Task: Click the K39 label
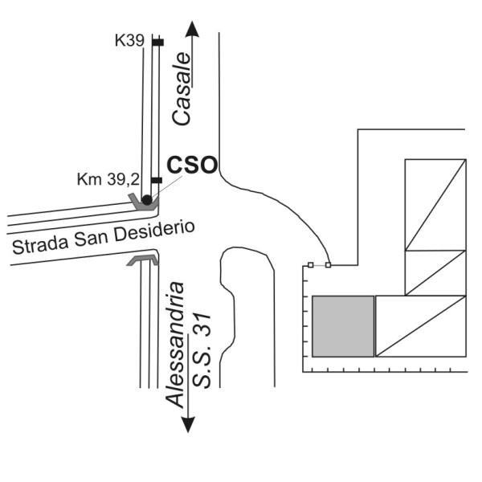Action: (129, 41)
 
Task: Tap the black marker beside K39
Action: (158, 43)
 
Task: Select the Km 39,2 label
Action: (108, 179)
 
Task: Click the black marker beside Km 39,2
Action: (157, 180)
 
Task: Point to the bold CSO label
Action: (192, 165)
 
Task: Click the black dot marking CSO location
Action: (147, 200)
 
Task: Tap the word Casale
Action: (182, 89)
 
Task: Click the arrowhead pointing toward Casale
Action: (193, 29)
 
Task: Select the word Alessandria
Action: (175, 345)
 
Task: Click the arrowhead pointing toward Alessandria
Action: (188, 425)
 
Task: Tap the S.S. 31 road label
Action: (202, 350)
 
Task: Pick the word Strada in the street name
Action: (40, 245)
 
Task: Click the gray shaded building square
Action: (343, 326)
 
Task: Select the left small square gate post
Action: (310, 265)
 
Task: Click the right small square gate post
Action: (329, 264)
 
